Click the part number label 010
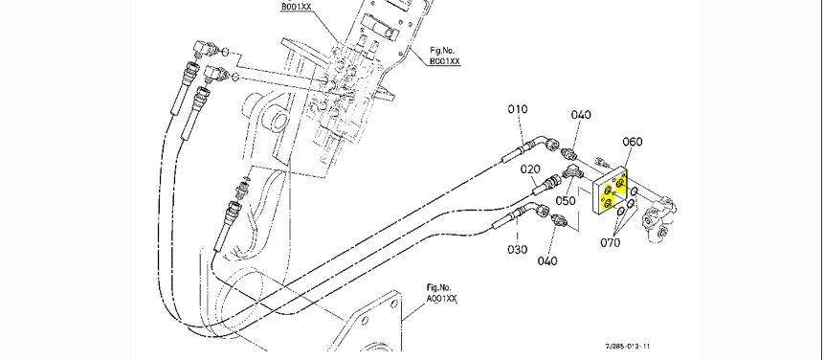point(518,109)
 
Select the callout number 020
point(531,169)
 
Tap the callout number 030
point(518,250)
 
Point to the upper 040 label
point(581,115)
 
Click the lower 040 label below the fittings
point(547,260)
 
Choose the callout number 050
point(566,200)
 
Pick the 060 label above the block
point(633,142)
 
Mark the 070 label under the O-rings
point(611,243)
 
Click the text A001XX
point(441,299)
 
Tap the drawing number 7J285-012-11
point(628,346)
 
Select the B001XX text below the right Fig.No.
point(445,61)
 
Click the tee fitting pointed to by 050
point(570,171)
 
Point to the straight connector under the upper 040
point(568,154)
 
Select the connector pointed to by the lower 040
point(559,219)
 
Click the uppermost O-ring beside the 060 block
point(635,191)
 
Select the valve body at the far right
point(657,217)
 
